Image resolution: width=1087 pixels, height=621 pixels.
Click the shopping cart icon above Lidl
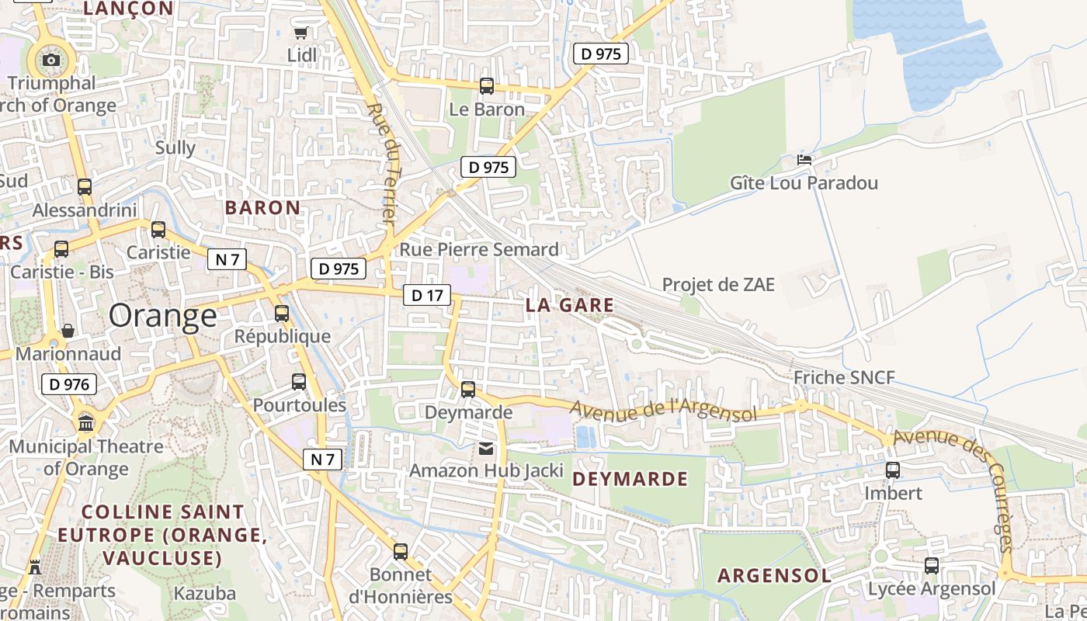point(300,33)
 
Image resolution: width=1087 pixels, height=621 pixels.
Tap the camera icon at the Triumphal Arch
point(51,60)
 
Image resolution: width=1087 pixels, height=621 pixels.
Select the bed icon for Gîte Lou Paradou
point(804,160)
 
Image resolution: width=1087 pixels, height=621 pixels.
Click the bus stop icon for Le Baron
point(487,86)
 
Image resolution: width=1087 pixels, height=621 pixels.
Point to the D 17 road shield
point(426,295)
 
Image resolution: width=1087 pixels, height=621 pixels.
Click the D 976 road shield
point(69,383)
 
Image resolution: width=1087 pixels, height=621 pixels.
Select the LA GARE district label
point(569,305)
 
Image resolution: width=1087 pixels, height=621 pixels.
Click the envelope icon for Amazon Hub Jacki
point(486,448)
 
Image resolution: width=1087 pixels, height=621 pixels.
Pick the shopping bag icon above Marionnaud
point(68,331)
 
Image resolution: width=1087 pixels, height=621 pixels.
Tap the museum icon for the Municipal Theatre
point(86,423)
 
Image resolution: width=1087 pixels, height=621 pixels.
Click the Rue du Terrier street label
point(382,163)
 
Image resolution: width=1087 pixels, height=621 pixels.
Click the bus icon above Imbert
point(893,470)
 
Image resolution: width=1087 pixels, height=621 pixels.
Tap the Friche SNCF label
point(844,378)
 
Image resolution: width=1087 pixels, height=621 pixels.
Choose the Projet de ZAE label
point(718,285)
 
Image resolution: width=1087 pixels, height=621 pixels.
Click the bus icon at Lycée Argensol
point(932,566)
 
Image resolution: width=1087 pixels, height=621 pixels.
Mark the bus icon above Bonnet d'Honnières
point(401,552)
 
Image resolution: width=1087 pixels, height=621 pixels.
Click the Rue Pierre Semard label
point(479,249)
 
